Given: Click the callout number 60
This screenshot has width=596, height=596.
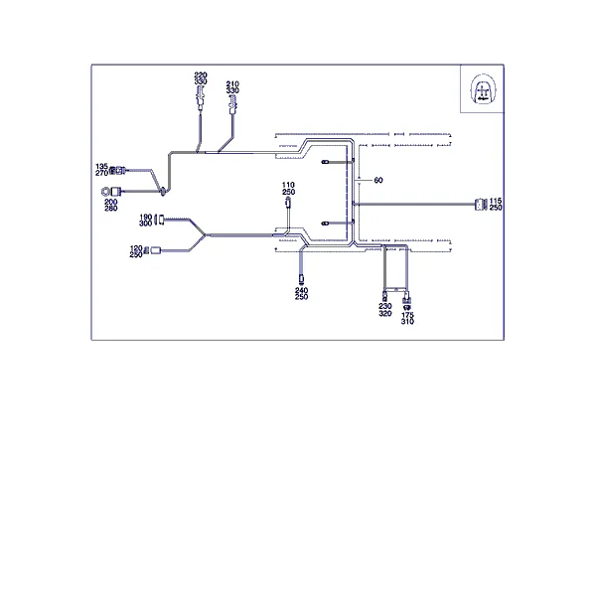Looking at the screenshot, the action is click(x=378, y=180).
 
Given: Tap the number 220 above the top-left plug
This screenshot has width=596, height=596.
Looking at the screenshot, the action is click(x=201, y=75).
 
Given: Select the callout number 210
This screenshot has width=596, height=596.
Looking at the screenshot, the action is click(x=232, y=84).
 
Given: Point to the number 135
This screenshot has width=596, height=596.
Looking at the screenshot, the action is click(x=102, y=167).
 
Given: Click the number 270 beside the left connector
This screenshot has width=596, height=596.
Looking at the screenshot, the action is click(x=102, y=173).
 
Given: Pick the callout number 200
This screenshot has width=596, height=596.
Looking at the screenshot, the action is click(x=111, y=202).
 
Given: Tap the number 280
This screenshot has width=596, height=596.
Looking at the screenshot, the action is click(x=111, y=209).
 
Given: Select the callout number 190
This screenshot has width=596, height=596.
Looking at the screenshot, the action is click(x=146, y=217).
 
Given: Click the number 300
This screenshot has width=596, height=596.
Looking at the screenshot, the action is click(x=146, y=223).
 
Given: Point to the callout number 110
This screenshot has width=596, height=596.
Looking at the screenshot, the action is click(x=288, y=185).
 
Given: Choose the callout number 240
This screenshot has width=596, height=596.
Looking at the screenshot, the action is click(x=301, y=290).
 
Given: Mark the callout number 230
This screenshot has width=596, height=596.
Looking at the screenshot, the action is click(x=385, y=306).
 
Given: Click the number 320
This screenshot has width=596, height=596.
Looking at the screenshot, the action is click(x=385, y=314).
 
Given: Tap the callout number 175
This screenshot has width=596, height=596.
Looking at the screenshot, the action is click(x=407, y=315).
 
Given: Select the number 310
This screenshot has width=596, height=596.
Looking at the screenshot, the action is click(x=407, y=322).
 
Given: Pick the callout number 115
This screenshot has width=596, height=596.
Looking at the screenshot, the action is click(x=496, y=201).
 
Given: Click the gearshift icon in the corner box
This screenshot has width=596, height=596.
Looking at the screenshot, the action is click(x=483, y=89).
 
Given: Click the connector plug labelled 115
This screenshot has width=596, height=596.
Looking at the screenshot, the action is click(x=481, y=205).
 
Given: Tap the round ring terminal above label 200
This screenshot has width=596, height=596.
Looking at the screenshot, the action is click(x=105, y=192).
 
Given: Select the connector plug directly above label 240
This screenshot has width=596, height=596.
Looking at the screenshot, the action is click(x=301, y=279).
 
